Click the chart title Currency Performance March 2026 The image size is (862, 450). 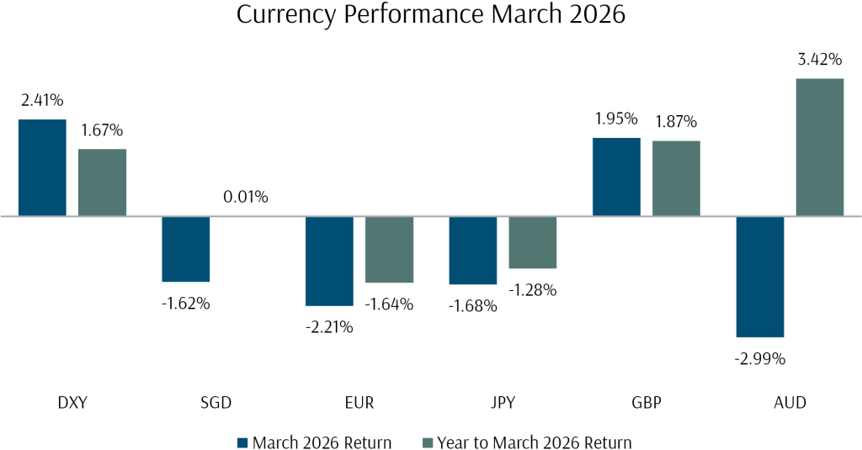[431, 16]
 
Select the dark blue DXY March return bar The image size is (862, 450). [42, 167]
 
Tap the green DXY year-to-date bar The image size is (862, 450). [102, 183]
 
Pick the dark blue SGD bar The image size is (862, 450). [185, 249]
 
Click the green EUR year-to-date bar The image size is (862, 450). [389, 250]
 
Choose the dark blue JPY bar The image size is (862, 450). [473, 251]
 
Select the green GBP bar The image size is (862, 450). [676, 178]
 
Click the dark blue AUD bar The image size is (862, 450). [760, 277]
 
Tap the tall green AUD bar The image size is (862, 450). [820, 147]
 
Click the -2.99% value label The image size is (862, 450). [760, 359]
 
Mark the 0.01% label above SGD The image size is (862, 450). [245, 198]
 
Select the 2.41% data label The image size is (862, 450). [42, 101]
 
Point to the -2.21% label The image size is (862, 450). [329, 327]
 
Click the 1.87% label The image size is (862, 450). [676, 122]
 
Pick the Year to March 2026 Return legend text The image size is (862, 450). [532, 442]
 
